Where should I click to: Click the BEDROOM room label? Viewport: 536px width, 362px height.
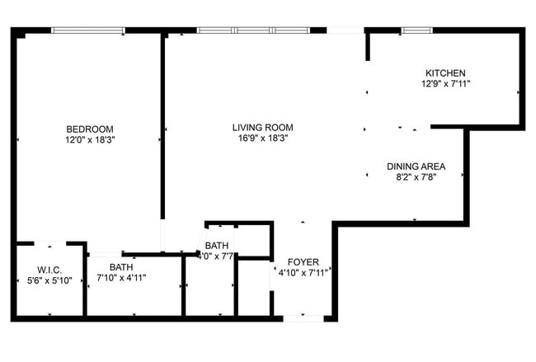90,129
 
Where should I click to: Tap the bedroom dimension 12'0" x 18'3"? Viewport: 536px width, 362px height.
90,140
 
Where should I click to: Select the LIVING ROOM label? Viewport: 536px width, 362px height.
262,128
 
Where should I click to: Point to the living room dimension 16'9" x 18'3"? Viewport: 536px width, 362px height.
262,139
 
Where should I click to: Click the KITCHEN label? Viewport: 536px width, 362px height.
445,73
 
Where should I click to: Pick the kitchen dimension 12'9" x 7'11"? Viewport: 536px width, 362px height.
445,84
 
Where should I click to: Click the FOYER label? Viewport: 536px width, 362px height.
303,261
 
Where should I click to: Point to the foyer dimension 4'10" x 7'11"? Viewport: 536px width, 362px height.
303,273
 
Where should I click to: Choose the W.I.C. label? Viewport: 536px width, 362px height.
49,269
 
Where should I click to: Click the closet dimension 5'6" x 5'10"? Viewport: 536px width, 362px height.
49,280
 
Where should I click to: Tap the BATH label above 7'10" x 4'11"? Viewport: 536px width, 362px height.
121,267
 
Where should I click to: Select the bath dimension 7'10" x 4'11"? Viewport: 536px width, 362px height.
121,278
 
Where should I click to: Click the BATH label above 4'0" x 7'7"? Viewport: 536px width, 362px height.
217,246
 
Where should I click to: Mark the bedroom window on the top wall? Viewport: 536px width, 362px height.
88,31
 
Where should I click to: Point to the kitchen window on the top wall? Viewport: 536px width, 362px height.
416,31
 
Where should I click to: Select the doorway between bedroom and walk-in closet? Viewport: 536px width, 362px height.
49,243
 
